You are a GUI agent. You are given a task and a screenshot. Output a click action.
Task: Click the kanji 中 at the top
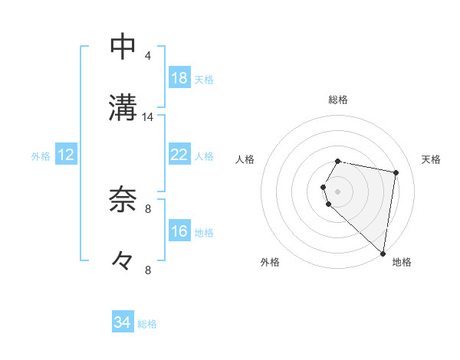(123, 46)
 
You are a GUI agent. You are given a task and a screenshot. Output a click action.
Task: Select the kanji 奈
(123, 199)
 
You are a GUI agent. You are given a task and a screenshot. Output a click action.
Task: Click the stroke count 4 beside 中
(148, 56)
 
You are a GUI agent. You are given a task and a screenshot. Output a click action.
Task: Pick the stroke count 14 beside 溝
(148, 117)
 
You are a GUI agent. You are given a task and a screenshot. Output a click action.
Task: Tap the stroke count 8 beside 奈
(148, 208)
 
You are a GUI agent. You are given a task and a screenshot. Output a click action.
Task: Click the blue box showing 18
(179, 78)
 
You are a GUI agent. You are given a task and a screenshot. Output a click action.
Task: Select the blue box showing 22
(179, 155)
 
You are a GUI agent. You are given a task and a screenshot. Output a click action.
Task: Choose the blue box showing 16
(179, 231)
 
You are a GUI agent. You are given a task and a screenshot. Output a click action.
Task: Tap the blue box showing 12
(66, 155)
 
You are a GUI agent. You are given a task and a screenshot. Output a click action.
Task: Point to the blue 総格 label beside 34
(147, 324)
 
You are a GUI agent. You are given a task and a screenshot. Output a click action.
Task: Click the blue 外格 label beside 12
(41, 156)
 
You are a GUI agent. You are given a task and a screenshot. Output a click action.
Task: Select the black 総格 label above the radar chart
(338, 100)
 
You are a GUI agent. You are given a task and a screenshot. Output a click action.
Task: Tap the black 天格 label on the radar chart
(432, 159)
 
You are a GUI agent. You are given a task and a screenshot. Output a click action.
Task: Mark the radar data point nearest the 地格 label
(383, 253)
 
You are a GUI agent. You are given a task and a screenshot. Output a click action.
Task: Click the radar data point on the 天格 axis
(396, 173)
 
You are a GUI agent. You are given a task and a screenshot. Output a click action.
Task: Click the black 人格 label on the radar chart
(245, 159)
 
